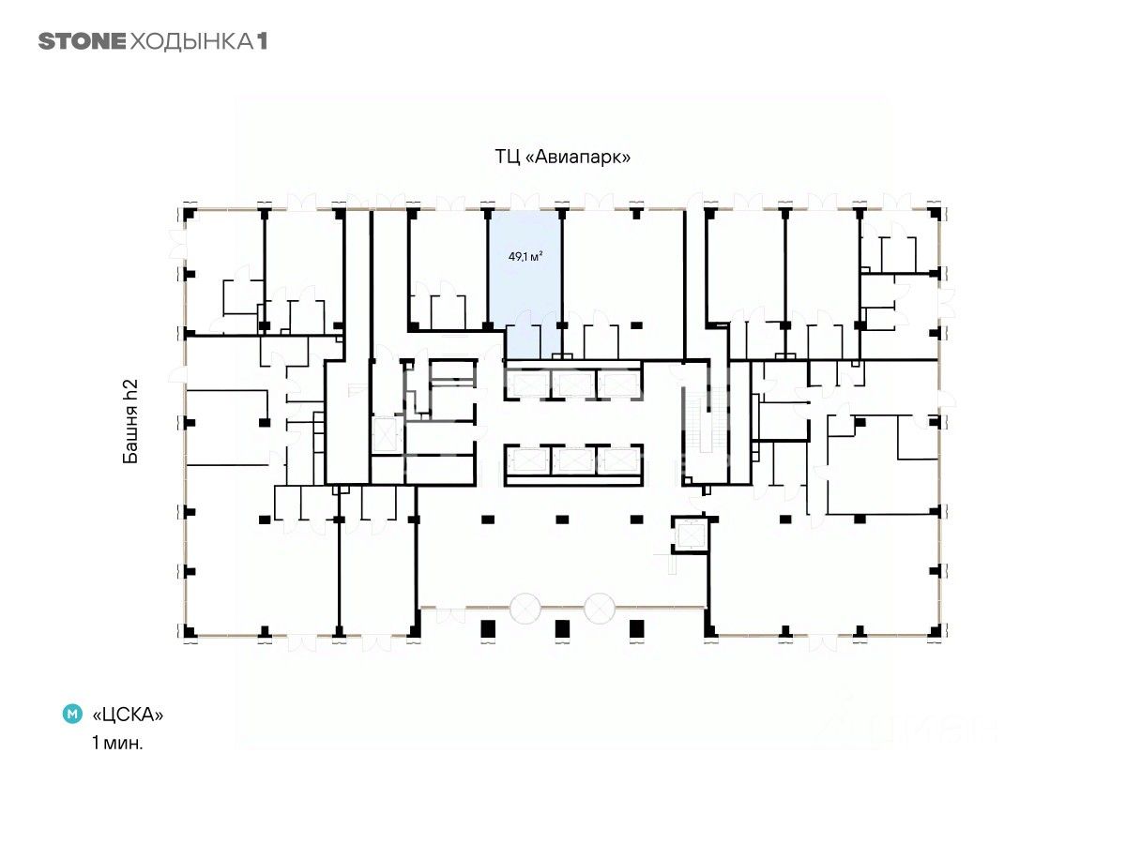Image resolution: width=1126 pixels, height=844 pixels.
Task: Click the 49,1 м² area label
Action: [x=525, y=256]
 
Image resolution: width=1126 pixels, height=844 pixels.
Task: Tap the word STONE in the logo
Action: [x=82, y=41]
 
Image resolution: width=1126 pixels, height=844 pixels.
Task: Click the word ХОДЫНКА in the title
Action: [x=191, y=42]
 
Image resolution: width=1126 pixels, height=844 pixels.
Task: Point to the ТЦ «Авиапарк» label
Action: [x=562, y=157]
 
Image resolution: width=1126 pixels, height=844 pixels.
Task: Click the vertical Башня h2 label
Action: [x=130, y=421]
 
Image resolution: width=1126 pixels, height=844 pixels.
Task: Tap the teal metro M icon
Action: [x=72, y=714]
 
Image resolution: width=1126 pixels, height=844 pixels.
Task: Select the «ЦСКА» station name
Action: [x=128, y=714]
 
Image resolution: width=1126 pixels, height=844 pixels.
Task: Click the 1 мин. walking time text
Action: [x=117, y=743]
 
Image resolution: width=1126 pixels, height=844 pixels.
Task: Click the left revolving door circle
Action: [x=525, y=609]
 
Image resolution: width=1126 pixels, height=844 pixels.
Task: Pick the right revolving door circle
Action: [x=600, y=609]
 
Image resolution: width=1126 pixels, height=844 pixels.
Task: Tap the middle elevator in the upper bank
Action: [x=573, y=384]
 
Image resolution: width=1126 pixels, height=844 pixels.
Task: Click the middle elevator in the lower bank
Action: [x=573, y=460]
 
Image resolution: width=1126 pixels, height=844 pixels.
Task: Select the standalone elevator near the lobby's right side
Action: [x=691, y=535]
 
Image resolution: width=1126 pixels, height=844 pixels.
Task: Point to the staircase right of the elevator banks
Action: [x=707, y=420]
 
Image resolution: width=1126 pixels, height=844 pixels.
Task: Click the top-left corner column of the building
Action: [x=190, y=214]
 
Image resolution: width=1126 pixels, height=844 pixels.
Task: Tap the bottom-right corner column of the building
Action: [x=936, y=631]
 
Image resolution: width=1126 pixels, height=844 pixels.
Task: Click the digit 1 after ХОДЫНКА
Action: [x=262, y=41]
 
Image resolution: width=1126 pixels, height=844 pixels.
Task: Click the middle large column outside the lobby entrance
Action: [x=562, y=628]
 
